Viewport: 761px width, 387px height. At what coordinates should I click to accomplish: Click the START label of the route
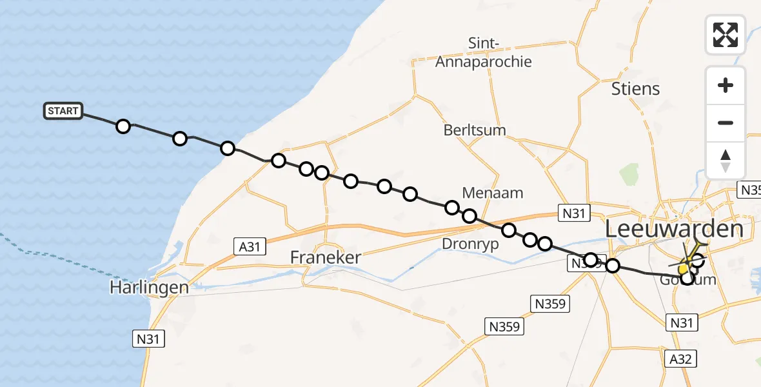63,111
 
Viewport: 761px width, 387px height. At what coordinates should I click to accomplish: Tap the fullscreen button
726,34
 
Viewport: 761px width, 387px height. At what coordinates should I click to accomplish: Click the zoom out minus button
726,123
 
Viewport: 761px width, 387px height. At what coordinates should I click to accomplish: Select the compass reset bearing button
726,161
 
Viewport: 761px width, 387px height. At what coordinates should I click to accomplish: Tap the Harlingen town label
148,287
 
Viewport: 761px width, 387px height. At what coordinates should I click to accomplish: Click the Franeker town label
325,257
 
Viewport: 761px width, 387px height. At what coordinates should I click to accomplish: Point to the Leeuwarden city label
675,229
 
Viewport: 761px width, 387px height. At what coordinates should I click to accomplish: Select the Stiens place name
636,88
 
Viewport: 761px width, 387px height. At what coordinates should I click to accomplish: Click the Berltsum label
475,130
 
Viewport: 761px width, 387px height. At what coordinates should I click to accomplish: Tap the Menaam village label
493,192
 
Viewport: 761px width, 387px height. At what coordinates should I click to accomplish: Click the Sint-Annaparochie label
484,53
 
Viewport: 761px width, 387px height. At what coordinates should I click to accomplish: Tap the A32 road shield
680,359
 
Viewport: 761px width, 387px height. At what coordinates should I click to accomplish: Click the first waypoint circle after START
123,126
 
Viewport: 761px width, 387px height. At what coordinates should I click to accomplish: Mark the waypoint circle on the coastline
227,148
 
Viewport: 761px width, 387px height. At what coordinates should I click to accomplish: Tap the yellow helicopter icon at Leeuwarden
686,264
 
